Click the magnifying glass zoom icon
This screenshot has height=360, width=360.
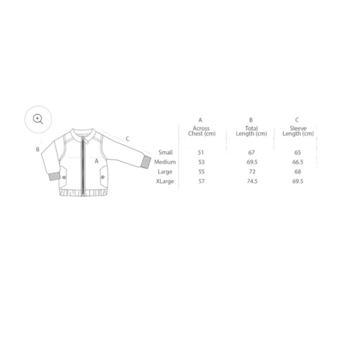38,119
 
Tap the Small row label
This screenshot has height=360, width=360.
166,153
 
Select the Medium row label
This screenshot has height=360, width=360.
165,162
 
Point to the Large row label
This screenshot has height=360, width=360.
165,172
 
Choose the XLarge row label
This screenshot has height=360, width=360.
165,181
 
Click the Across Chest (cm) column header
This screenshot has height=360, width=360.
201,131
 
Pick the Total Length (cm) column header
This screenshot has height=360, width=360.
251,131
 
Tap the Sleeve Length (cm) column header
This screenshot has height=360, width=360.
298,131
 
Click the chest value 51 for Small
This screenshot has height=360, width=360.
200,153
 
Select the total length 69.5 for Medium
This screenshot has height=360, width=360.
252,162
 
